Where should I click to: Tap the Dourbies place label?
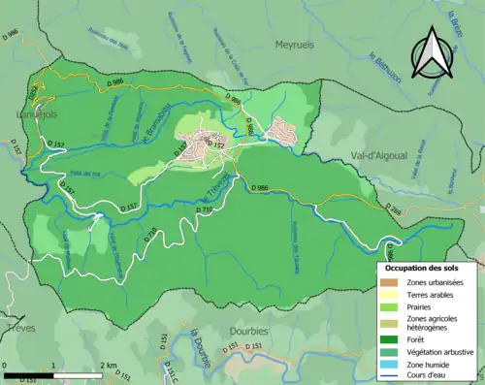pos(248,331)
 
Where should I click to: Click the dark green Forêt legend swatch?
pos(392,338)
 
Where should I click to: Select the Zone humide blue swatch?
pos(392,364)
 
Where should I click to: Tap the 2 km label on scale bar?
pos(107,366)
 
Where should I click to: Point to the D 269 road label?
pos(393,209)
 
